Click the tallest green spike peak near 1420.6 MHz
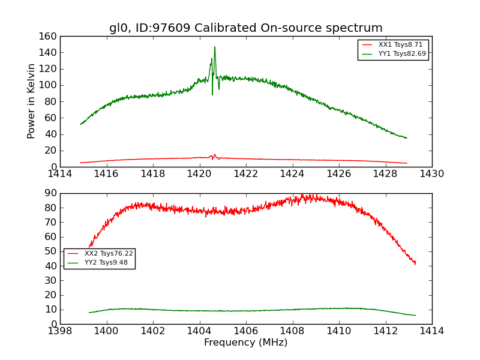coord(215,47)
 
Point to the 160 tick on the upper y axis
coord(50,36)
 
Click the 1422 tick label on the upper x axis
coord(246,174)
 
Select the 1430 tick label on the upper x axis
coord(431,174)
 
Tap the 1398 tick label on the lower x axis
coord(60,331)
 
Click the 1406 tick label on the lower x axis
coord(246,331)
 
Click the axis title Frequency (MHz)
coord(246,343)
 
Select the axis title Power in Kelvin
coord(32,101)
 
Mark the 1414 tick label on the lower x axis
coord(431,331)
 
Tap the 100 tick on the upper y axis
coord(50,85)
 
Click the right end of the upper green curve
coord(407,138)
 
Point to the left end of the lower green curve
coord(89,313)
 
